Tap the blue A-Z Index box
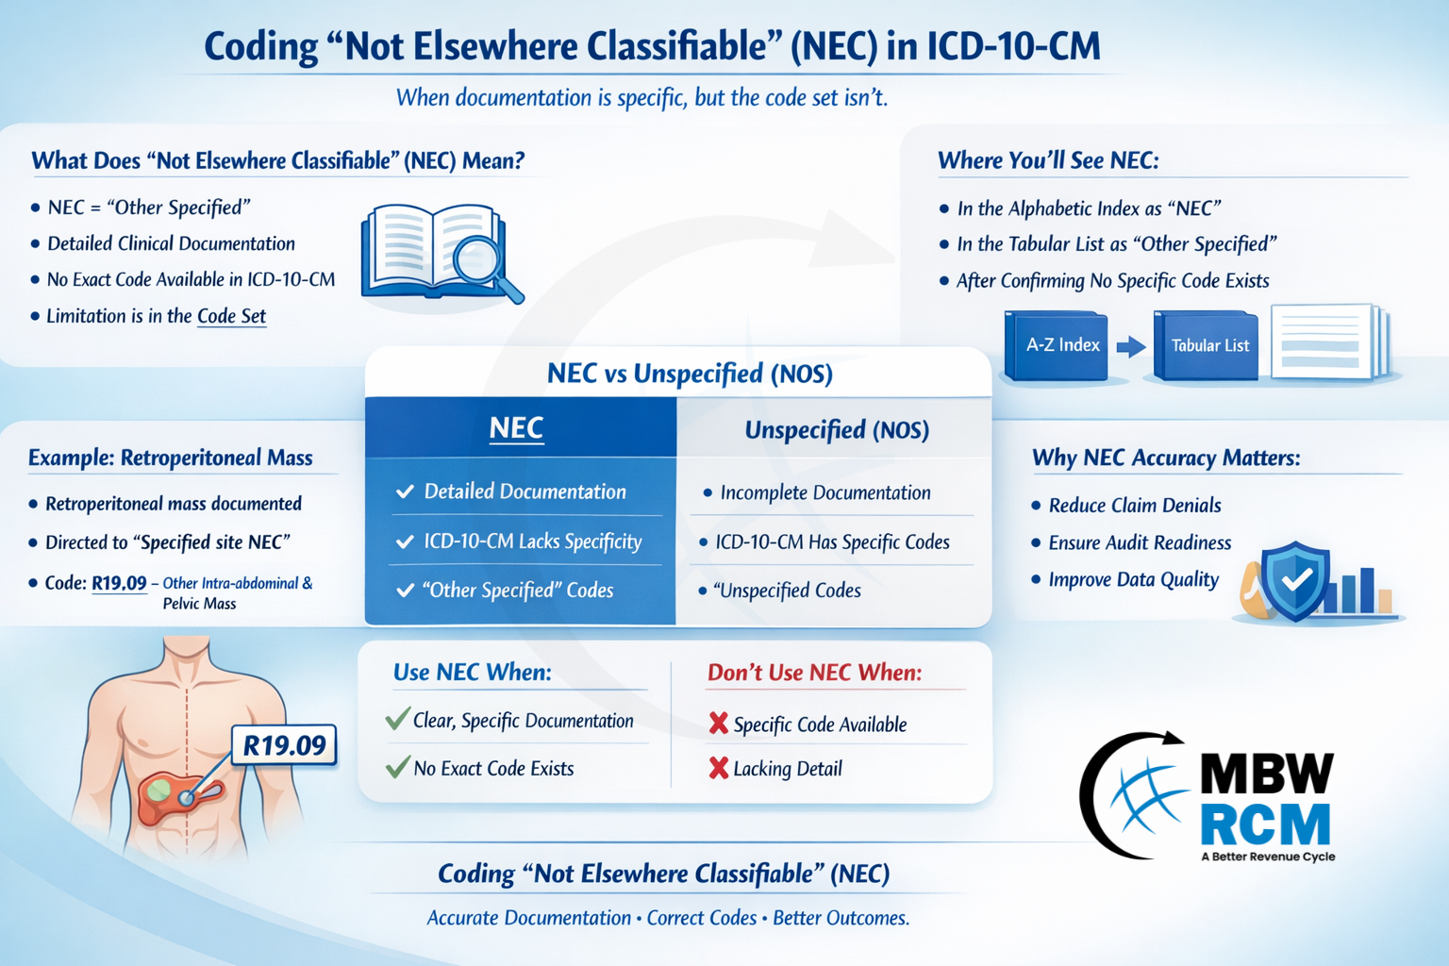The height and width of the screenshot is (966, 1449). (1057, 345)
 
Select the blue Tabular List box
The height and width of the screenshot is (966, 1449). (1207, 345)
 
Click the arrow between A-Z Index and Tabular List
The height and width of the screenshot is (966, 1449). (1131, 346)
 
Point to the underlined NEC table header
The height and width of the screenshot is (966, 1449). (516, 427)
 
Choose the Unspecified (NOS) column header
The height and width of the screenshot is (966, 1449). (837, 430)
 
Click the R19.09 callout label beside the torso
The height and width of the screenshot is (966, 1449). (284, 745)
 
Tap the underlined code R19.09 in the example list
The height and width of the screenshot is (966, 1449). (119, 583)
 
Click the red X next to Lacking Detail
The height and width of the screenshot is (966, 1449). (718, 768)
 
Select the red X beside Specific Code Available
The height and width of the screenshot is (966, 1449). (718, 723)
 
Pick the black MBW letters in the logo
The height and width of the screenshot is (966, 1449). (1267, 773)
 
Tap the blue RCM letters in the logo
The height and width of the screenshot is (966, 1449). (1265, 824)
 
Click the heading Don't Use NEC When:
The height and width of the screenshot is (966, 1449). (814, 673)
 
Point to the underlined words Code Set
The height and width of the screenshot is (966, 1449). (231, 316)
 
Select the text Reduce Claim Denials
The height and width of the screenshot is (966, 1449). (1135, 506)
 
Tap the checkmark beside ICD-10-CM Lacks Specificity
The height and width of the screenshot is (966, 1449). (405, 541)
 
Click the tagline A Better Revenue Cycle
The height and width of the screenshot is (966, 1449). (1268, 857)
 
